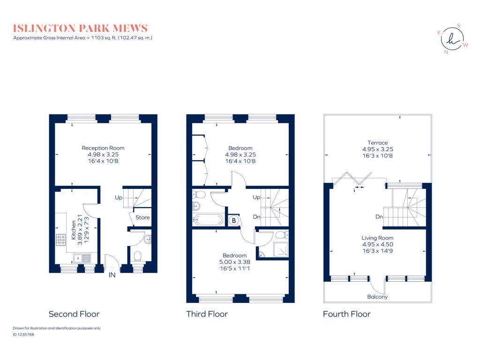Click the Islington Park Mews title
[x=80, y=28]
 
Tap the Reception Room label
[x=103, y=148]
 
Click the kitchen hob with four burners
[x=61, y=240]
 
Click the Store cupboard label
[x=142, y=217]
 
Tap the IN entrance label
[x=112, y=275]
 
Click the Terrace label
[x=377, y=143]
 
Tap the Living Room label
[x=377, y=238]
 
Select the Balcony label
[x=377, y=297]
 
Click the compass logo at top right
[x=452, y=39]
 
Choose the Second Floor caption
[x=74, y=314]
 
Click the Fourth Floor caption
[x=346, y=314]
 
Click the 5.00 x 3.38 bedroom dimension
[x=234, y=262]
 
